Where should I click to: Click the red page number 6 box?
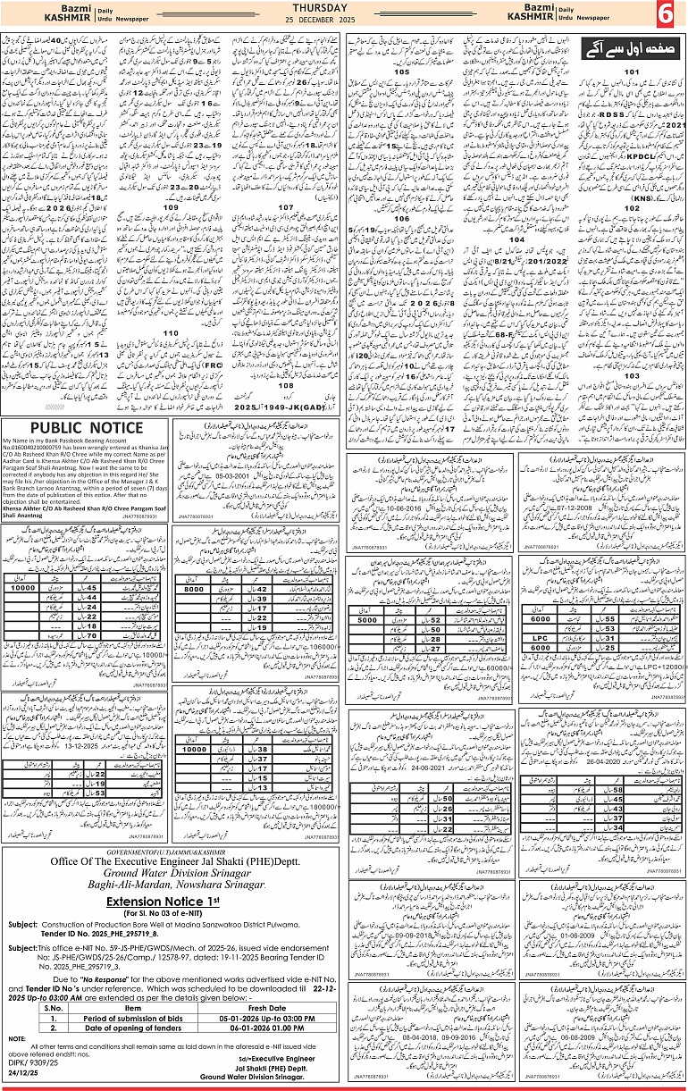(x=666, y=14)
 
